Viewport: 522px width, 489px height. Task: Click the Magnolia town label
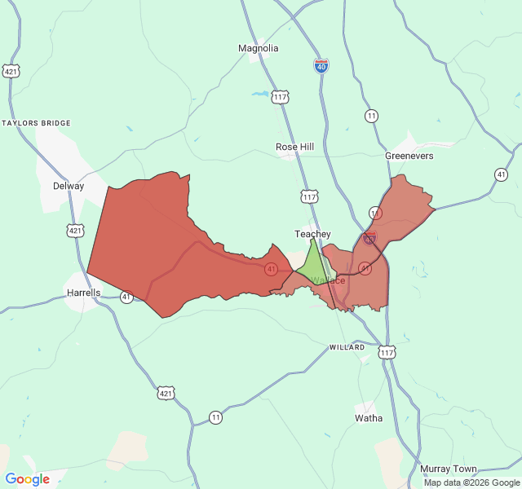pos(258,48)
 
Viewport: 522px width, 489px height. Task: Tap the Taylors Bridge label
pos(37,123)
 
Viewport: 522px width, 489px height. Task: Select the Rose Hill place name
pos(294,147)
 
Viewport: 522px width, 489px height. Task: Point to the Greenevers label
pos(409,156)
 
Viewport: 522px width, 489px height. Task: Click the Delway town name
pos(69,186)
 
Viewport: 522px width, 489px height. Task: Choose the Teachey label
pos(312,234)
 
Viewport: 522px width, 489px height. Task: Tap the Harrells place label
pos(84,293)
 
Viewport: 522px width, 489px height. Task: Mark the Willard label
pos(347,347)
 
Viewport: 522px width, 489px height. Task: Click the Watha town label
pos(368,418)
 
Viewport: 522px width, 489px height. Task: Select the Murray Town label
pos(448,469)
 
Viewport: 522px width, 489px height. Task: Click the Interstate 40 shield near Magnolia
pos(321,66)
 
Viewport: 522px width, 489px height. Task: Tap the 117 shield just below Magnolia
pos(281,97)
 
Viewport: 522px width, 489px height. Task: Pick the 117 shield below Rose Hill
pos(309,196)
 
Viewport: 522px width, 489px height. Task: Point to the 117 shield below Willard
pos(387,352)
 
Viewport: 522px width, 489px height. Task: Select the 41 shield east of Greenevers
pos(501,174)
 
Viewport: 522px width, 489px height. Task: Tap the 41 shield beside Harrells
pos(126,297)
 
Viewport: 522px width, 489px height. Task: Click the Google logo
pos(27,479)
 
